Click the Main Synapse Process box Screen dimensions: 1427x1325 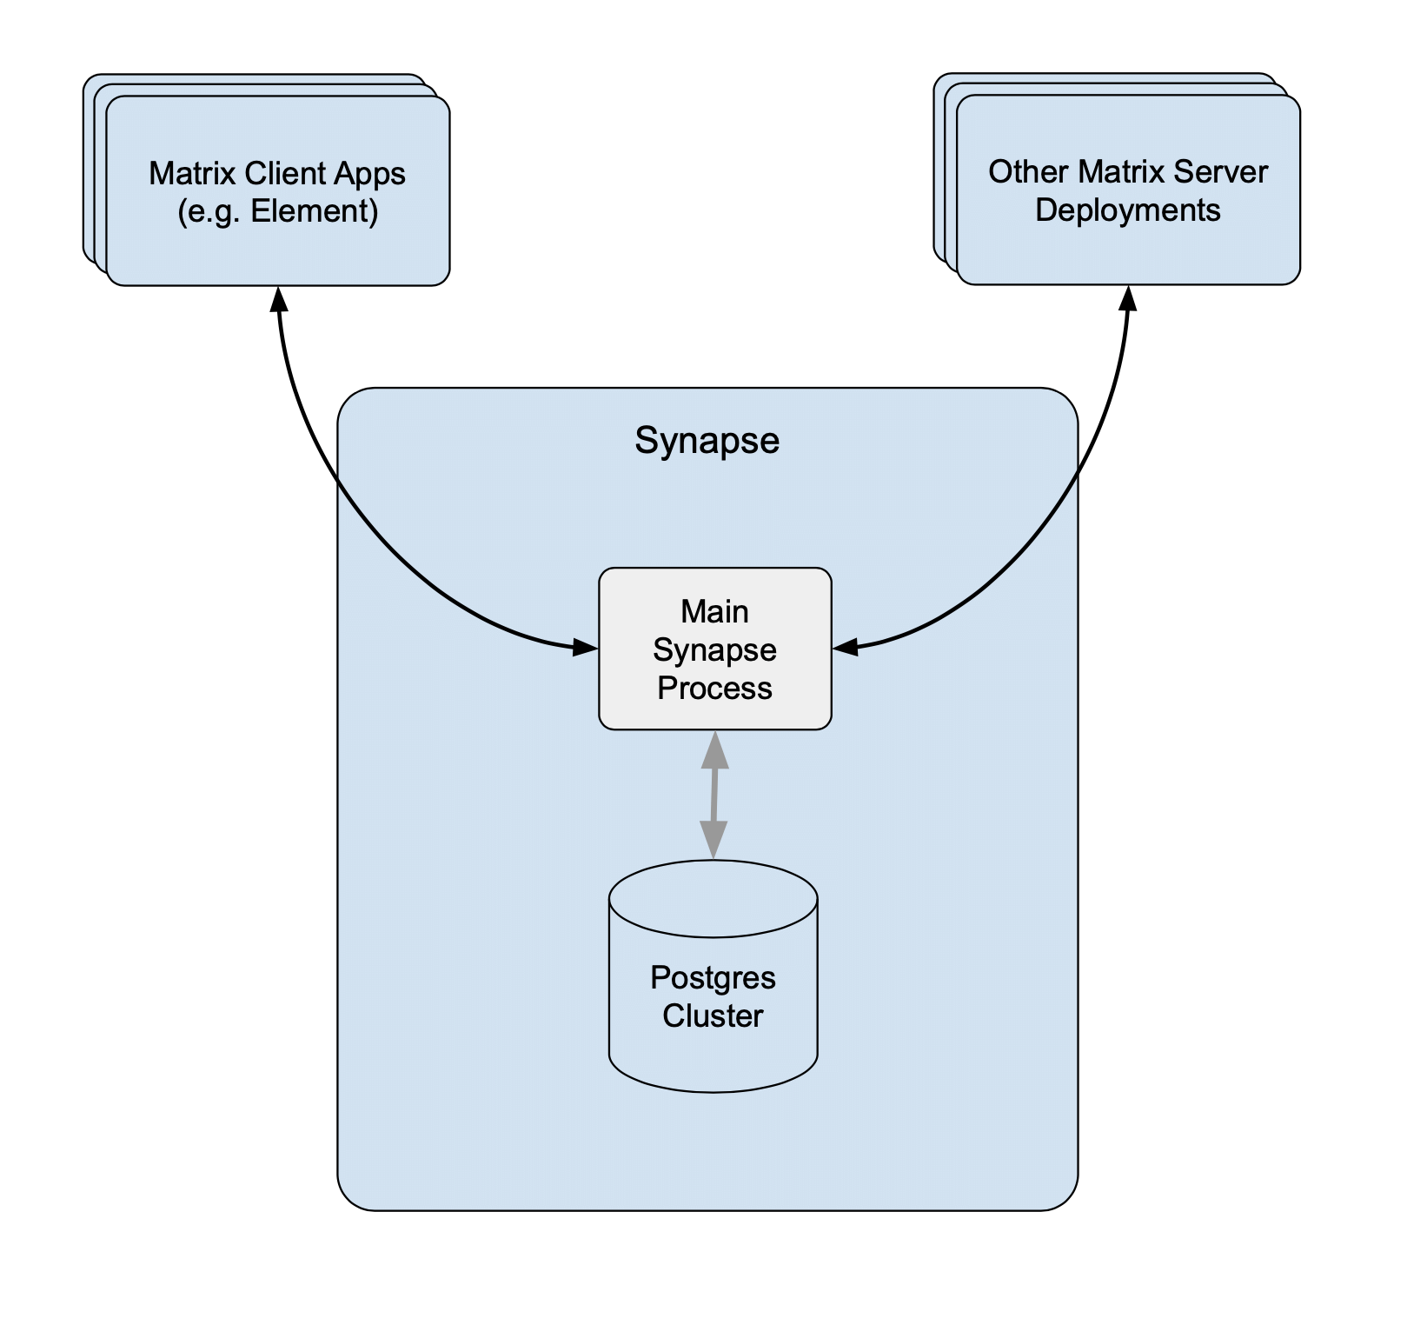coord(715,649)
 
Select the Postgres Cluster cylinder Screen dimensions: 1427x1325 coord(713,976)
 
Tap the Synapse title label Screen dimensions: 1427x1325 coord(707,441)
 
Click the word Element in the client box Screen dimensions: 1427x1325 coord(315,211)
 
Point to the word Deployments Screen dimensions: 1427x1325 coord(1128,210)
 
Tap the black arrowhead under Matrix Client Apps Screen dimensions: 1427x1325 coord(278,298)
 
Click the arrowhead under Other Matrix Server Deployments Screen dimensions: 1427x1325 coord(1128,297)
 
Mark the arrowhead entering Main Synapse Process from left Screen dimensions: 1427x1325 coord(586,647)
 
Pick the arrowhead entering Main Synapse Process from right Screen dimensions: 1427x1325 coord(846,646)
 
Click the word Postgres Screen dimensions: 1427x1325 coord(713,978)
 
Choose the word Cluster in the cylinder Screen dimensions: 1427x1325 coord(713,1015)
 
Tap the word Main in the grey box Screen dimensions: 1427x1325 coord(714,611)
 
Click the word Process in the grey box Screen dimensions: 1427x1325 coord(714,688)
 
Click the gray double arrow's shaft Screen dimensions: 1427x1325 coord(714,795)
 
